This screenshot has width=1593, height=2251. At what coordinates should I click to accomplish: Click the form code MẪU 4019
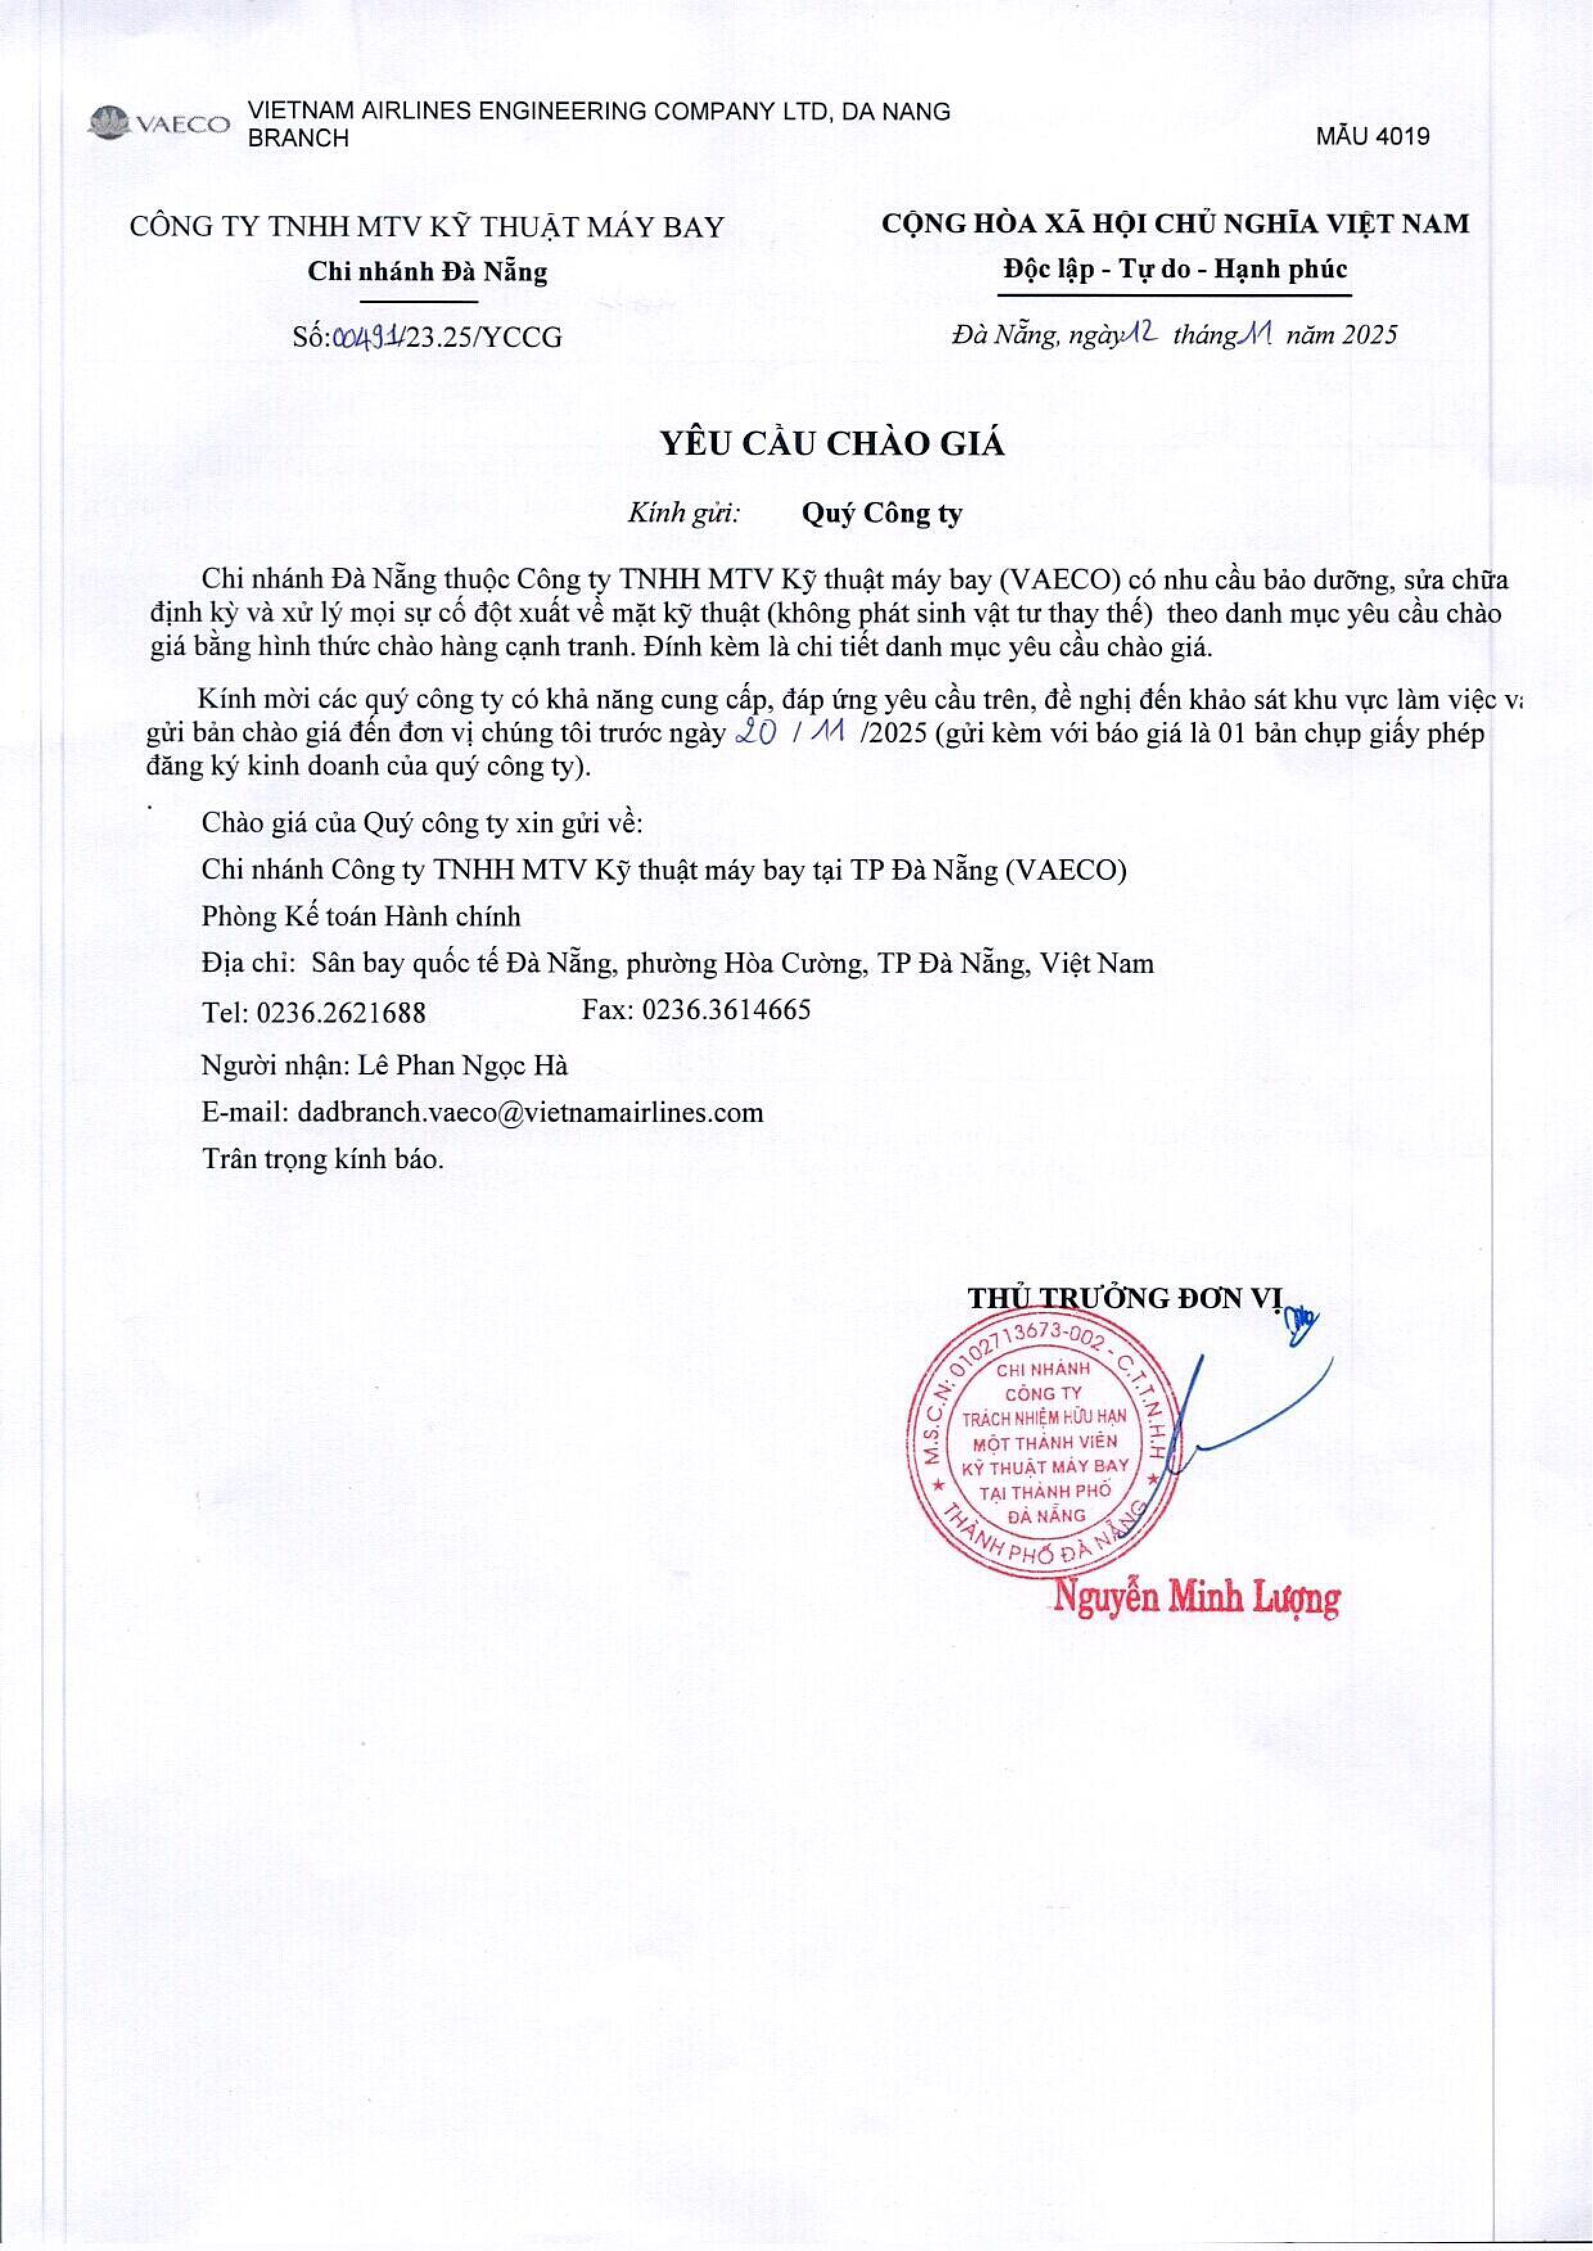[1373, 136]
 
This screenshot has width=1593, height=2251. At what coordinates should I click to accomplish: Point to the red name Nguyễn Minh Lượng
[1196, 1598]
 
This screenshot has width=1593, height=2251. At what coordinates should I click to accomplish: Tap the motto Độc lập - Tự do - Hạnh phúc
[1175, 268]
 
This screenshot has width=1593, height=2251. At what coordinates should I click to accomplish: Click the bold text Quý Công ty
[882, 513]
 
